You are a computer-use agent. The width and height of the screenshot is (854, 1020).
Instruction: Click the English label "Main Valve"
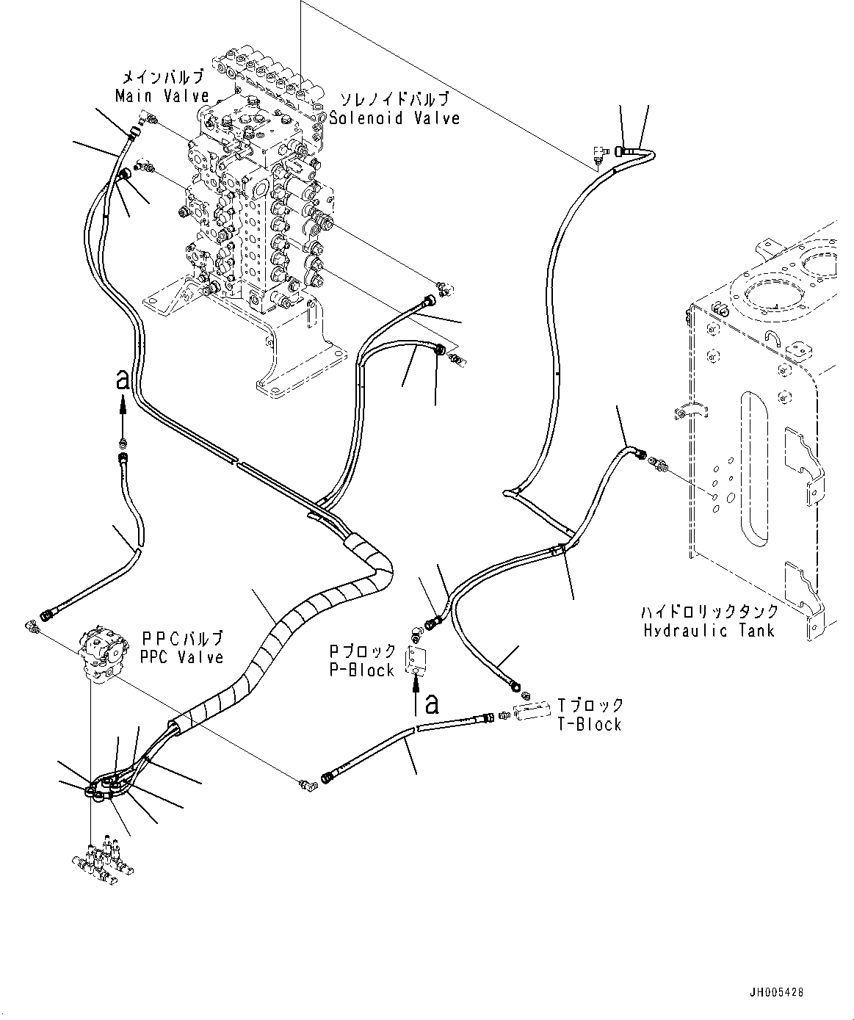(162, 95)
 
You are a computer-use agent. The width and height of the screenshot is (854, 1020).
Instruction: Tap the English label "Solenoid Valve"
(394, 117)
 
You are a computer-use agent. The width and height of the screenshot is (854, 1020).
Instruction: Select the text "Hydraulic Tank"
(709, 631)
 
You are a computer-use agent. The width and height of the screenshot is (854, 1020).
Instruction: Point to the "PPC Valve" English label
(182, 657)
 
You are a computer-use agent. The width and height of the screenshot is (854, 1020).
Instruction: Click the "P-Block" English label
(361, 670)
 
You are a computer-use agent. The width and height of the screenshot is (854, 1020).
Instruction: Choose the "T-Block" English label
(590, 724)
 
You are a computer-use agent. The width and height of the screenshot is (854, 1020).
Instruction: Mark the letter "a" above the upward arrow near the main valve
(123, 379)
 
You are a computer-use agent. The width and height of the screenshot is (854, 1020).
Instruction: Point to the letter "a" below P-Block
(431, 704)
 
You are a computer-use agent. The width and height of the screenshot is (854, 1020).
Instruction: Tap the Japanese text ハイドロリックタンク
(710, 611)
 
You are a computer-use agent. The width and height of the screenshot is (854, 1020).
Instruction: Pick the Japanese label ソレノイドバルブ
(395, 100)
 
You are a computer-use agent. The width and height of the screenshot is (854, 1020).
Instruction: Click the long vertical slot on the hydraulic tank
(754, 469)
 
